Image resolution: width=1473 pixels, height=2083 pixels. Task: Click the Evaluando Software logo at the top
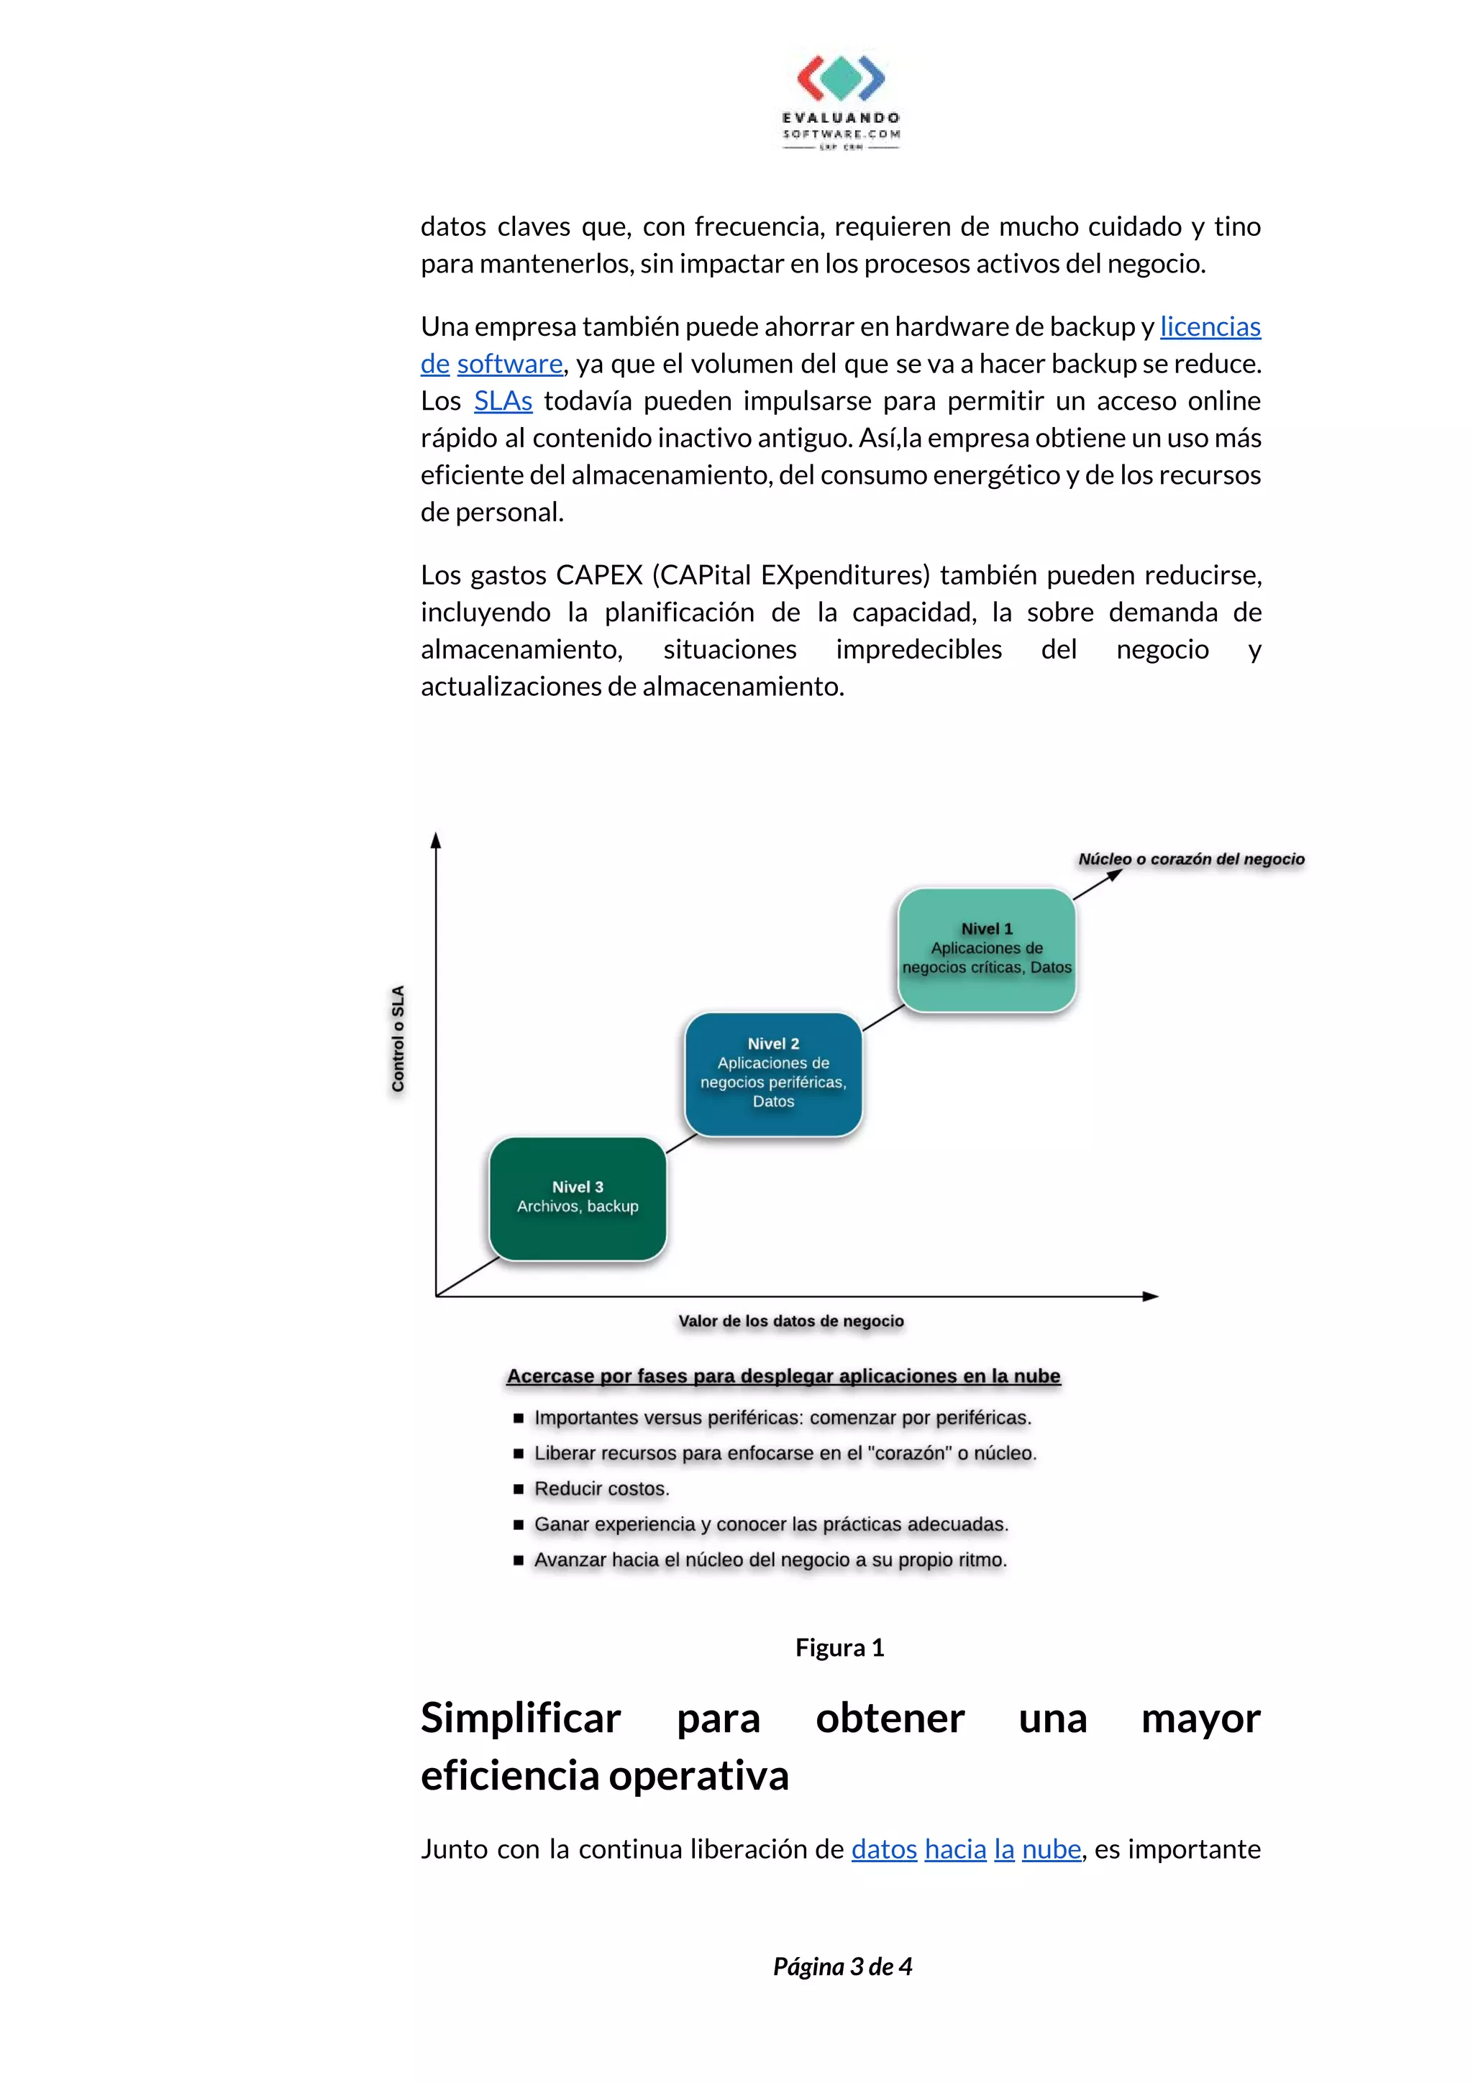[840, 101]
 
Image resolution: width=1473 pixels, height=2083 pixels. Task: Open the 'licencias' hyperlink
[1210, 326]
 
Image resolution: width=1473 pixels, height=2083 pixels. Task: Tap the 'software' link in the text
[509, 364]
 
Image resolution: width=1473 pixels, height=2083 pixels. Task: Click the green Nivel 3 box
[578, 1199]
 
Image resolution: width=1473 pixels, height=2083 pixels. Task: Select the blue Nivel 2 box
[773, 1074]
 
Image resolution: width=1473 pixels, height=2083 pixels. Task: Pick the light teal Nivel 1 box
[987, 949]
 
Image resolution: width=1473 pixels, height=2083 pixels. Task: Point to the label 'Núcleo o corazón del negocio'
[1191, 859]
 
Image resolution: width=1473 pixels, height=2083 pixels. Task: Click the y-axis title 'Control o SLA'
[398, 1039]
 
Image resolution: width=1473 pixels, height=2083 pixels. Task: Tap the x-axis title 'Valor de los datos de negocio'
[790, 1322]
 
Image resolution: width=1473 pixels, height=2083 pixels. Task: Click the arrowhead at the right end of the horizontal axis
[1151, 1296]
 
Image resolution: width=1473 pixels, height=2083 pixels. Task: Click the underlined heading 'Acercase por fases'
[783, 1376]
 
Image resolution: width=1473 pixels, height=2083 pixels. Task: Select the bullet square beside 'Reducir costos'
[519, 1489]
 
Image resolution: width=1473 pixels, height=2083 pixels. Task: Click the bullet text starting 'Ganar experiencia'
[770, 1524]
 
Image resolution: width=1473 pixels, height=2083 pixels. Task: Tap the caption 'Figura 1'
[839, 1647]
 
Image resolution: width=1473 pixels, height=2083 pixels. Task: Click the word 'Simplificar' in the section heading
[521, 1718]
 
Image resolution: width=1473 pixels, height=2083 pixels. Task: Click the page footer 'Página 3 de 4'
[842, 1966]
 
